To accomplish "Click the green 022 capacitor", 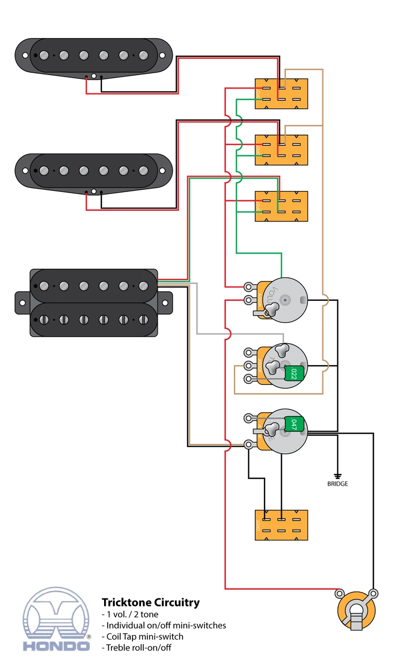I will coord(294,373).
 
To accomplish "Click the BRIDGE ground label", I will coord(337,484).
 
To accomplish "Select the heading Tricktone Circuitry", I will coord(151,602).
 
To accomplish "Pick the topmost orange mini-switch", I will coord(282,94).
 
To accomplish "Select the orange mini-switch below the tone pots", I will coord(282,525).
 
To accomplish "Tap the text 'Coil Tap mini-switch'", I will coord(142,636).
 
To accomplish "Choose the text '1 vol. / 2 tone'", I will coord(130,614).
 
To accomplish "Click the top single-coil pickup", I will coord(93,55).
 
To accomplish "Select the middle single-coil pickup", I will coord(93,171).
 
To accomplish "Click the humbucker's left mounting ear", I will coord(23,302).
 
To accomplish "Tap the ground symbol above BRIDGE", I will coord(337,475).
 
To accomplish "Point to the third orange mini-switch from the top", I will coord(282,206).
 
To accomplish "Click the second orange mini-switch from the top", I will coord(282,150).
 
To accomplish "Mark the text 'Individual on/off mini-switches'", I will coord(164,625).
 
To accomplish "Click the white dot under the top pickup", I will coord(94,77).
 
